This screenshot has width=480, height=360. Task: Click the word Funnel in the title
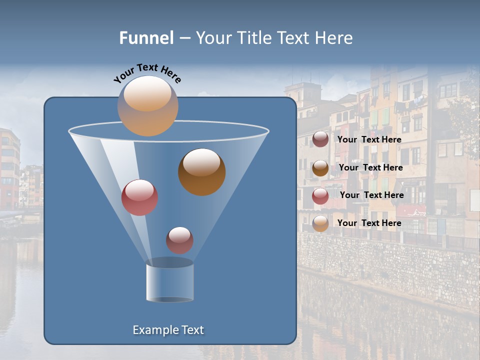[146, 38]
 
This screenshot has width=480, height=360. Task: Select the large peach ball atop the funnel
[147, 106]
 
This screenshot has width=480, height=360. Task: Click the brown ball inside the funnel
[201, 171]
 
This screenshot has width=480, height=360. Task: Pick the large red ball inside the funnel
[139, 197]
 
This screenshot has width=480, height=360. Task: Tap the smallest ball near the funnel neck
[179, 240]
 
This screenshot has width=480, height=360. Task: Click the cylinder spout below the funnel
[169, 282]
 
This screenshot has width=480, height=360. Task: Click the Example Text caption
[168, 330]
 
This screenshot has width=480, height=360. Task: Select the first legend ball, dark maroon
[320, 139]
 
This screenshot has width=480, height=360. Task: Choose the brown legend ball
[320, 168]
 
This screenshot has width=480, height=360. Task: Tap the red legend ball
[320, 196]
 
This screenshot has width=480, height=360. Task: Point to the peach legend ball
[320, 223]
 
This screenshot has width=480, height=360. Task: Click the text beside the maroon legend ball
[369, 139]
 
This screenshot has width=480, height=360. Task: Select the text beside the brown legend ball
[370, 167]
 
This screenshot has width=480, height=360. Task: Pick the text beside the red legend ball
[371, 195]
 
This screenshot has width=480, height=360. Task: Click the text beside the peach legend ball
[369, 223]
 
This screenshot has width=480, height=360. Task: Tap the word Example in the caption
[154, 330]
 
